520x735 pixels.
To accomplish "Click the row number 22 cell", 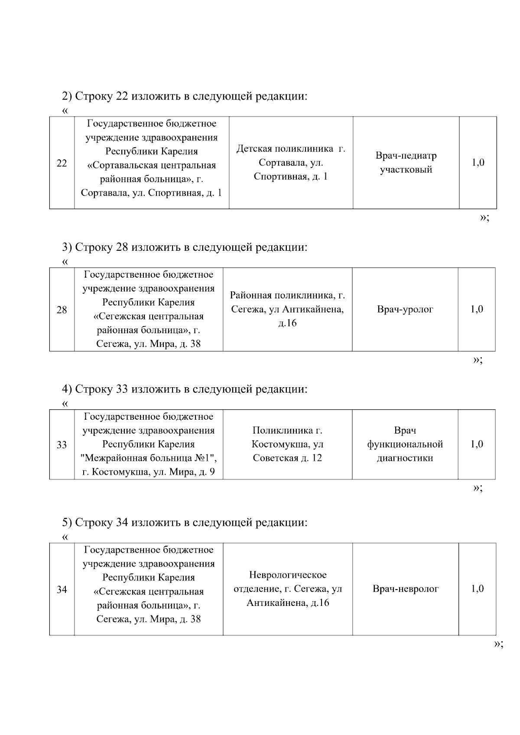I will (x=62, y=163).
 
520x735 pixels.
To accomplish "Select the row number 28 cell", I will (x=62, y=310).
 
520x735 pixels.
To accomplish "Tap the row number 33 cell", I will (x=62, y=445).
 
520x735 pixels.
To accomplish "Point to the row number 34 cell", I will (x=62, y=589).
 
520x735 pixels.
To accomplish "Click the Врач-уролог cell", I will (x=405, y=309).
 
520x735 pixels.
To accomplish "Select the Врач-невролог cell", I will (x=406, y=589).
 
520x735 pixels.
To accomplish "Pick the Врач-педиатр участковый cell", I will (x=406, y=162).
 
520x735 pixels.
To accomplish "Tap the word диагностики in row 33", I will (x=405, y=458).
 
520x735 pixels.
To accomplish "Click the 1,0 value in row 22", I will (x=478, y=163).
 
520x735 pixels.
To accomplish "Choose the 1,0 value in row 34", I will (x=477, y=589).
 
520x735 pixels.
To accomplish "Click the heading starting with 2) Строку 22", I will (x=184, y=96).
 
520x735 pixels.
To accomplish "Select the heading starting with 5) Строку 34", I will (x=184, y=522).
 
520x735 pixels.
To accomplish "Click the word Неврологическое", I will (x=288, y=575).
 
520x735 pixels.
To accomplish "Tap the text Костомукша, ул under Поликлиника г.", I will (x=288, y=444).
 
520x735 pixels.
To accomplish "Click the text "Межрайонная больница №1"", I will (x=149, y=458).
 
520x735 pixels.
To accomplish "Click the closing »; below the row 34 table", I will (x=498, y=644).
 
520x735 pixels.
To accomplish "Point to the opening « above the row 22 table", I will (x=65, y=111).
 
